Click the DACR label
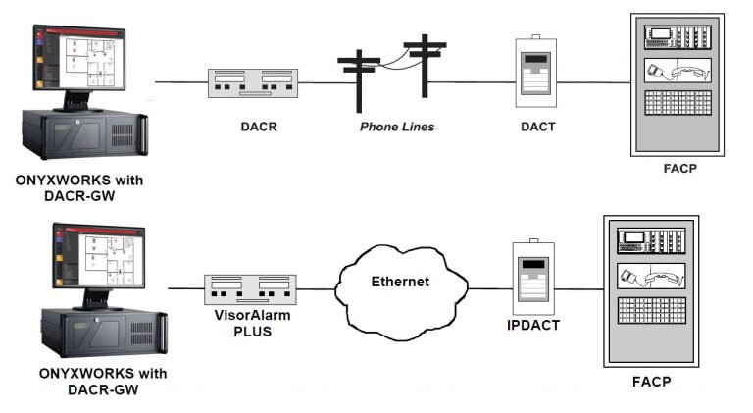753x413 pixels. point(255,127)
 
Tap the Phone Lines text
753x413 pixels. point(396,127)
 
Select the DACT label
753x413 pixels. point(535,127)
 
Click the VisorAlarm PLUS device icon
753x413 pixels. point(248,289)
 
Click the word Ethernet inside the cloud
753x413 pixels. point(399,282)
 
